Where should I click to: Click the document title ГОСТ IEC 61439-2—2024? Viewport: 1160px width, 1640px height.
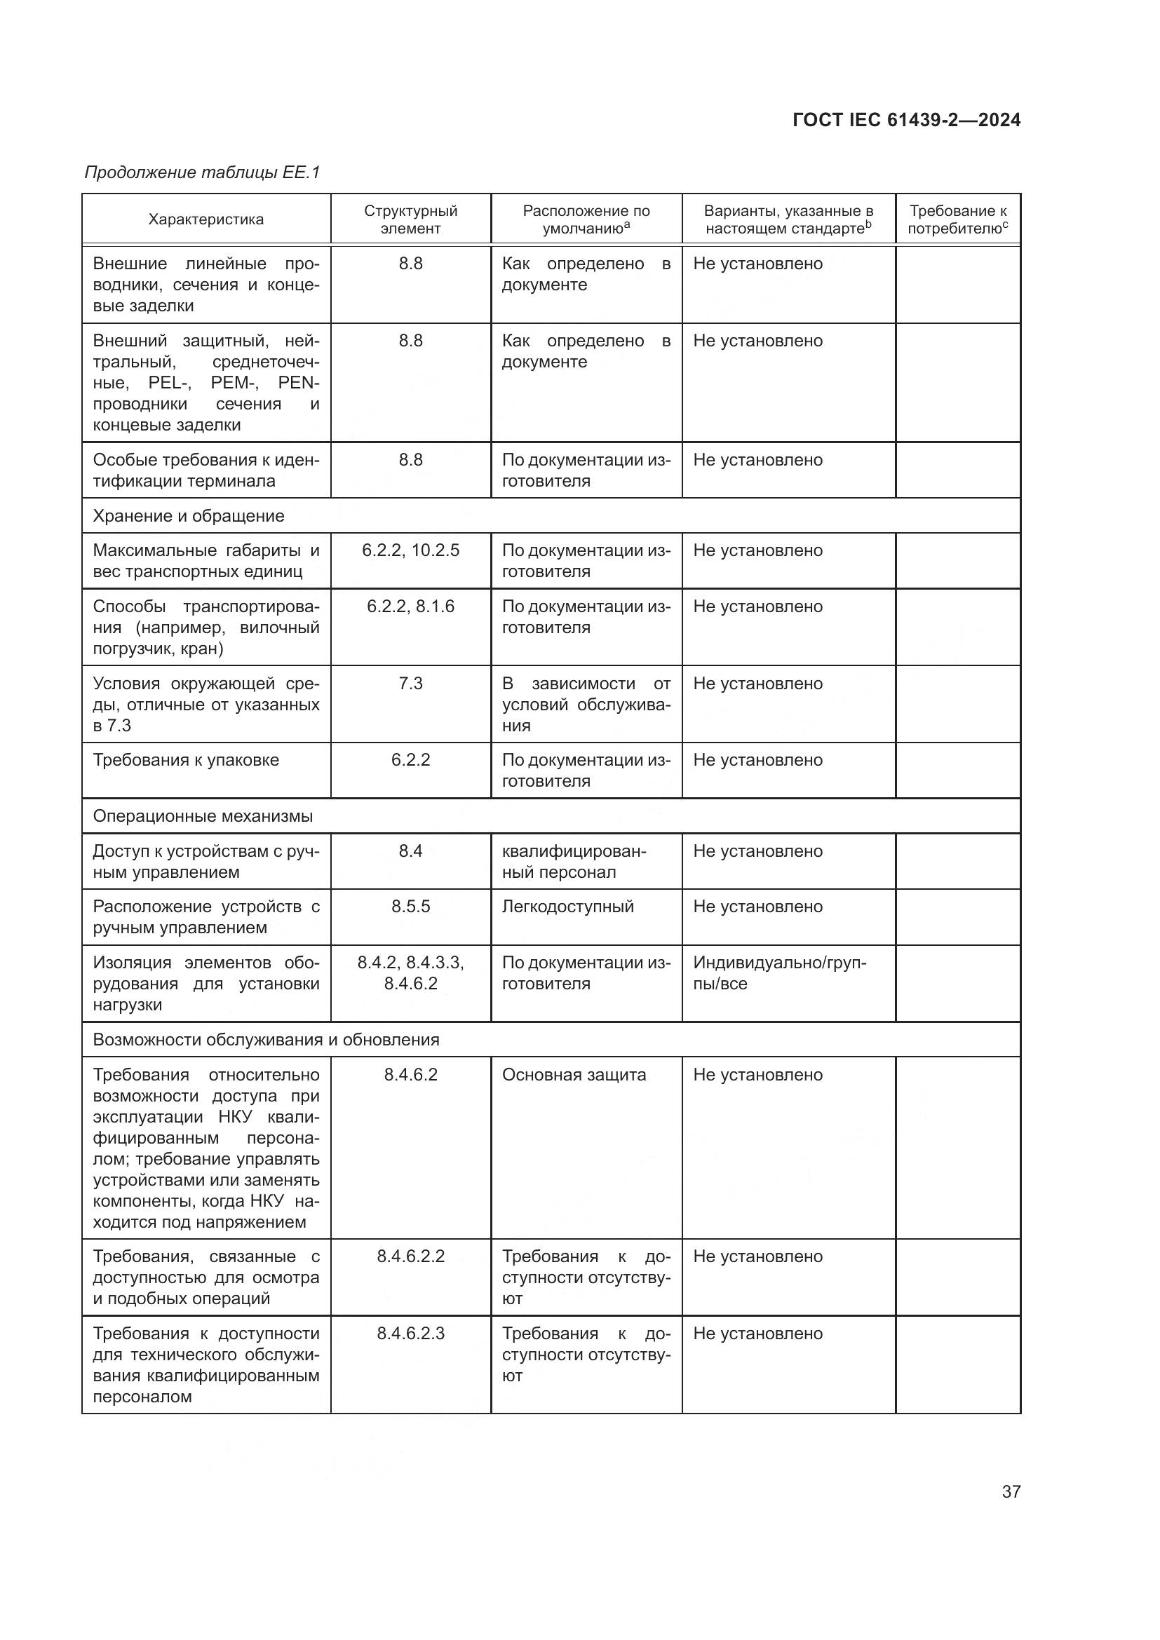[905, 120]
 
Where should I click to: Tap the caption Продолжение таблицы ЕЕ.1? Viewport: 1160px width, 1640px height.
[203, 172]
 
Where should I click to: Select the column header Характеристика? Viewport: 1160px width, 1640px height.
[205, 219]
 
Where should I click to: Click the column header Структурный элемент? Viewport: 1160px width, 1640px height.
[411, 219]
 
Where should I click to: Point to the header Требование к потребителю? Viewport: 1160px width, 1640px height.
[957, 219]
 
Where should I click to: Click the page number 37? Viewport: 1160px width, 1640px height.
[1011, 1491]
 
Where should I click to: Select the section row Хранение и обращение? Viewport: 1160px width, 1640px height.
[189, 516]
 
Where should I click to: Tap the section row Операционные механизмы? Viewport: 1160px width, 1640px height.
[203, 815]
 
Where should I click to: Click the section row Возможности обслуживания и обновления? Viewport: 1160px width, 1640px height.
[266, 1039]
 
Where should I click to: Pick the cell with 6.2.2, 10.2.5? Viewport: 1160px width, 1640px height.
[411, 550]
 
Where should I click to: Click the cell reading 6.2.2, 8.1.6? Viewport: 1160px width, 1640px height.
[411, 606]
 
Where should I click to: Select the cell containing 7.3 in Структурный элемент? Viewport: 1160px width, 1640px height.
[411, 684]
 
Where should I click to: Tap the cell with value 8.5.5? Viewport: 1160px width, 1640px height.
[411, 907]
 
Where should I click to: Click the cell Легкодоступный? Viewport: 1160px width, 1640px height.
[568, 907]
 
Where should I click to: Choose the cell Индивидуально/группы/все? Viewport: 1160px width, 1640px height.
[779, 973]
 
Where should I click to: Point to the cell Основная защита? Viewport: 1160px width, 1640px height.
[574, 1075]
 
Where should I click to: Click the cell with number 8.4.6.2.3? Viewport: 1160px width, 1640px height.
[411, 1334]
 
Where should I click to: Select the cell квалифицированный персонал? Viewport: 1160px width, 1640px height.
[574, 862]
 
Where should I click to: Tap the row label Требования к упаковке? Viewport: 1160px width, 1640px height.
[186, 760]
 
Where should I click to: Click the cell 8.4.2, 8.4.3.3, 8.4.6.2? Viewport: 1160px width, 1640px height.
[411, 973]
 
